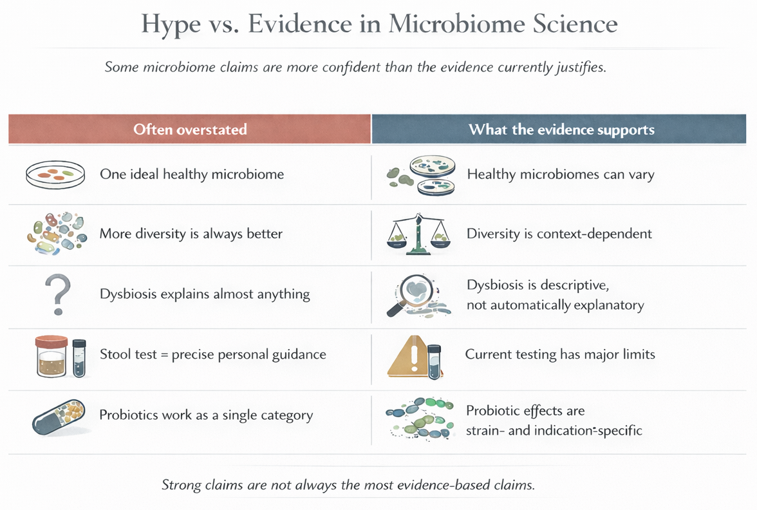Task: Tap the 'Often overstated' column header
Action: point(190,129)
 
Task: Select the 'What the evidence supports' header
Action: point(561,129)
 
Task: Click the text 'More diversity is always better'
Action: point(191,233)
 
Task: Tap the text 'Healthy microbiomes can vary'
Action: point(560,175)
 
